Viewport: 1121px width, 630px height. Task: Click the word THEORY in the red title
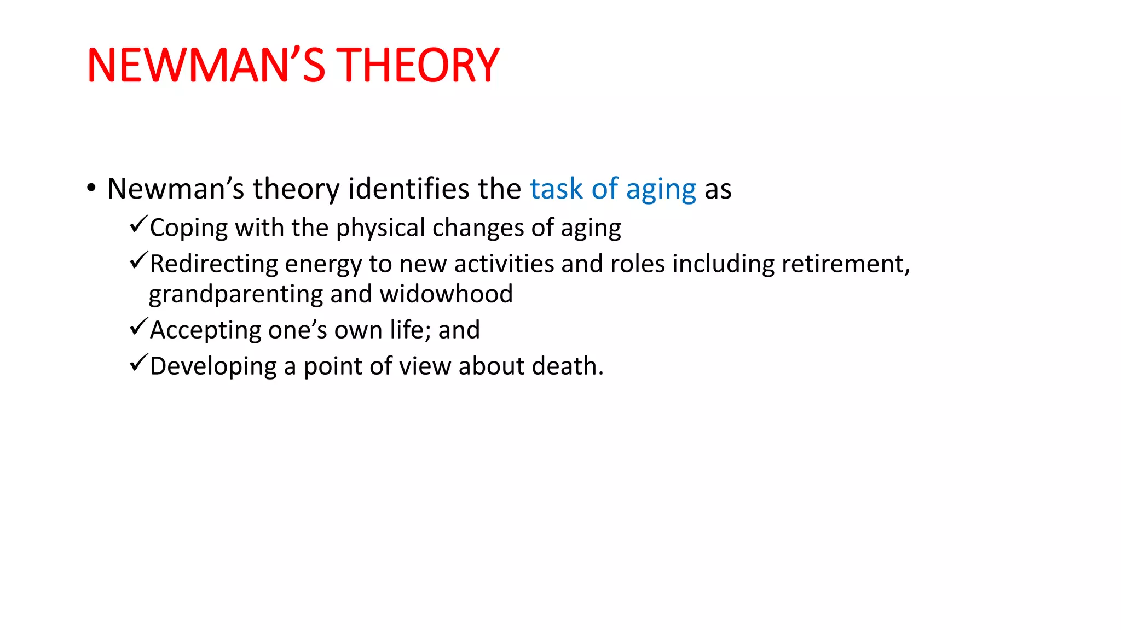(417, 66)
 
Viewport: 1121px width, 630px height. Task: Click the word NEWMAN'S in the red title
(206, 66)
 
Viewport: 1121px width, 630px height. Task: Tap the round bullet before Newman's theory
(91, 188)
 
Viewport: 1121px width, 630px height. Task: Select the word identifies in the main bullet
(409, 189)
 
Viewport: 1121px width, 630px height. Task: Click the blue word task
(556, 189)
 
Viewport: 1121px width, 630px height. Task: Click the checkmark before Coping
(138, 224)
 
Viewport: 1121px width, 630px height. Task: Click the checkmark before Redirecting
(138, 260)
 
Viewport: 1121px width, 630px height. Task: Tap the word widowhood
(446, 294)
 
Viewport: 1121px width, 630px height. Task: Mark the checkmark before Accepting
(138, 326)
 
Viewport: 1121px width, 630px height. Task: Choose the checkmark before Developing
(138, 363)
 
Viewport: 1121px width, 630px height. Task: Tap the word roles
(637, 264)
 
